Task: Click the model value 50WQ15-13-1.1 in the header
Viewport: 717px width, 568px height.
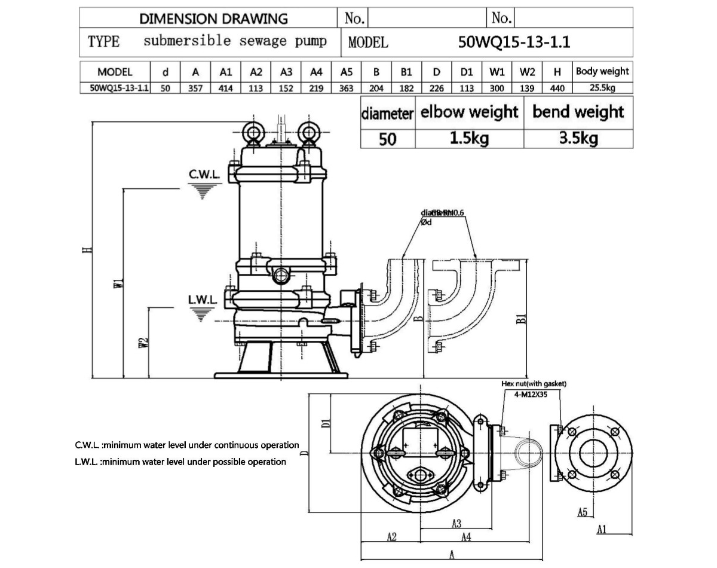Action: pyautogui.click(x=514, y=42)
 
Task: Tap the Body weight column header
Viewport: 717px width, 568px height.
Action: pyautogui.click(x=602, y=72)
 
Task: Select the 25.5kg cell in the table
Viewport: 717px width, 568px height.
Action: pyautogui.click(x=602, y=88)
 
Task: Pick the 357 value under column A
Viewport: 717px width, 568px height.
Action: pyautogui.click(x=195, y=88)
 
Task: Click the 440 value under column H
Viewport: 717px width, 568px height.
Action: pyautogui.click(x=557, y=88)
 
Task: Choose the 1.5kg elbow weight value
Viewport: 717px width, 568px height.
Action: pyautogui.click(x=469, y=139)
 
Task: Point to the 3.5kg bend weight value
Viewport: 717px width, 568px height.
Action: pyautogui.click(x=578, y=139)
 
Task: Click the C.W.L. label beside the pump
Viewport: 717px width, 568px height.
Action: pyautogui.click(x=204, y=175)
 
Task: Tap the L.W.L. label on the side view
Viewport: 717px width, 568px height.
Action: pyautogui.click(x=203, y=299)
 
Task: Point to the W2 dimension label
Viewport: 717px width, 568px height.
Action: pyautogui.click(x=142, y=342)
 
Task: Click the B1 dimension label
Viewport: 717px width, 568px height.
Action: pyautogui.click(x=521, y=318)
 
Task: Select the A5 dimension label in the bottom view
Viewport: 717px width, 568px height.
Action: pyautogui.click(x=583, y=512)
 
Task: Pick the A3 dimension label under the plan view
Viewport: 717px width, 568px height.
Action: pyautogui.click(x=456, y=524)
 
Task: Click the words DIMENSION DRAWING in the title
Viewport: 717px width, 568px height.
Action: pyautogui.click(x=213, y=19)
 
